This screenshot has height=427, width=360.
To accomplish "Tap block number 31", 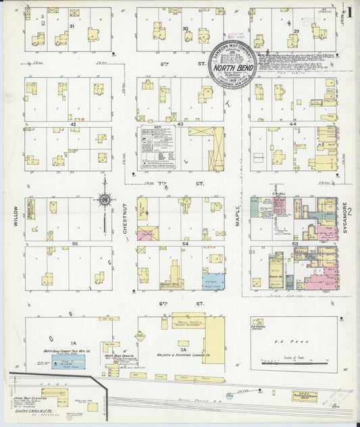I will [71, 26].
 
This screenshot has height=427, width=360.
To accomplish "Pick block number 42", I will [73, 124].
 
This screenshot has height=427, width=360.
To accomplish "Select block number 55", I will [75, 243].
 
